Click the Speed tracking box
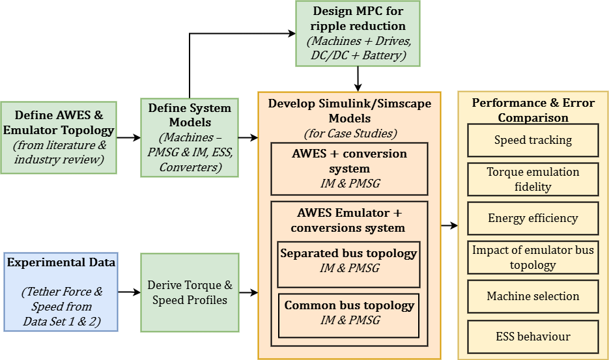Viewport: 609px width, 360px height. [x=532, y=140]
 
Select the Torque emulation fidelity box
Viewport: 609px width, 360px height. [x=532, y=179]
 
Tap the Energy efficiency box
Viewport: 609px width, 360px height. [x=532, y=218]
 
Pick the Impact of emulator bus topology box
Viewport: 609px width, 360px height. [x=532, y=257]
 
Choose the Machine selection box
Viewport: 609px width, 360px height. [x=532, y=296]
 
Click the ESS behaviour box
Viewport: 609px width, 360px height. [x=532, y=337]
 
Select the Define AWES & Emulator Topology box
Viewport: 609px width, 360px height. [x=59, y=137]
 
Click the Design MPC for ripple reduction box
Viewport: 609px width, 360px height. [x=358, y=34]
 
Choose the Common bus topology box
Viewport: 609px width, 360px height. [x=349, y=316]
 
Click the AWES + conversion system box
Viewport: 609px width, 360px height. [x=348, y=169]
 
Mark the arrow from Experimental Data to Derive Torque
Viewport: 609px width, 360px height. [x=129, y=293]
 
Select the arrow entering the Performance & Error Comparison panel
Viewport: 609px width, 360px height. [x=449, y=226]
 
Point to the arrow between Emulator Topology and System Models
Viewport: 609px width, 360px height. [x=129, y=137]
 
